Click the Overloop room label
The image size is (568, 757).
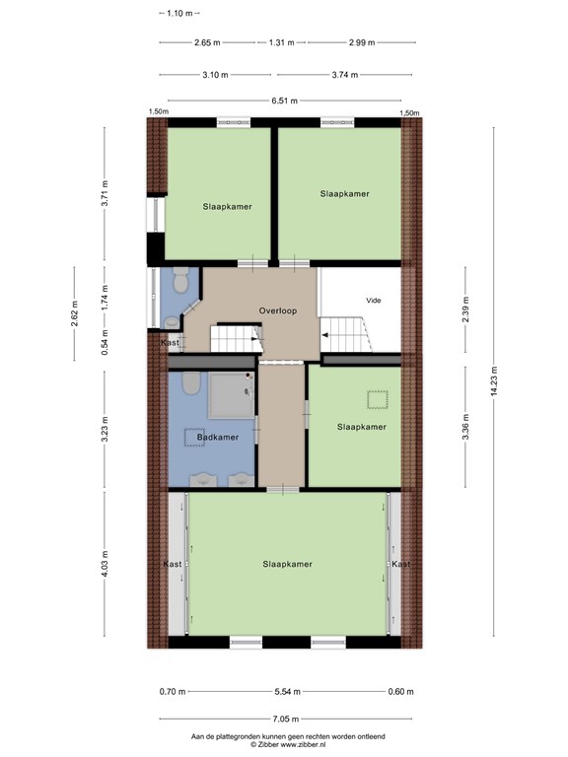pos(278,310)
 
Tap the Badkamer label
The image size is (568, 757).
pos(218,437)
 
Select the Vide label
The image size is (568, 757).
pos(374,301)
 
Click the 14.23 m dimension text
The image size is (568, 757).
pos(494,381)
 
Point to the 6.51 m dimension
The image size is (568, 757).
pos(284,101)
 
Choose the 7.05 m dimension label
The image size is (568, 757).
pos(285,719)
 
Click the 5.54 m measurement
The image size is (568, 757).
pos(287,691)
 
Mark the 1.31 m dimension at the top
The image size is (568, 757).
pos(282,42)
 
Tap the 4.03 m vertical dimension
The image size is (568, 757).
pos(105,564)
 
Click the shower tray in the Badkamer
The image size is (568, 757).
pos(232,395)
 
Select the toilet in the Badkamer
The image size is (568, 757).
pos(191,382)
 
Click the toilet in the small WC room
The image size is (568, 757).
pos(180,280)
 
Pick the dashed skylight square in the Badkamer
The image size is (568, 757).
pos(194,437)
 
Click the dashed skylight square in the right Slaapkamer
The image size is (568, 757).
pos(378,400)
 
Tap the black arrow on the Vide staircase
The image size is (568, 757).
pos(325,335)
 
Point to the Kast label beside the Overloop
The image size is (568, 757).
pos(170,342)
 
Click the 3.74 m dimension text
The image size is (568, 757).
pos(345,75)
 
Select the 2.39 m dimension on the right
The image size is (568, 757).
pos(465,310)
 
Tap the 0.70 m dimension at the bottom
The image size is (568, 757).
pos(173,691)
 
